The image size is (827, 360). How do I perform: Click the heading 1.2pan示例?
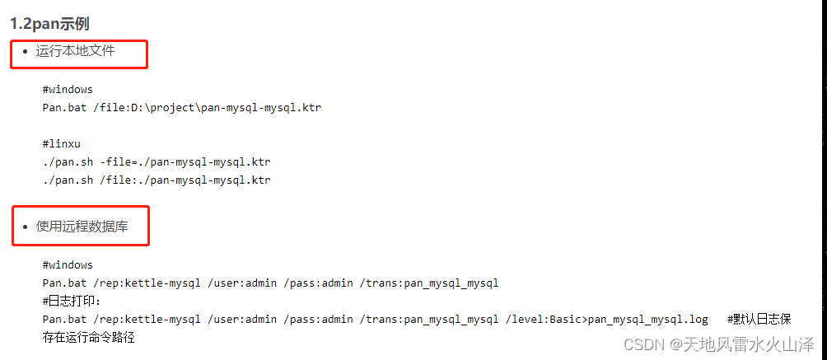click(x=49, y=24)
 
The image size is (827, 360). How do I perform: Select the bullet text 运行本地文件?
click(x=75, y=51)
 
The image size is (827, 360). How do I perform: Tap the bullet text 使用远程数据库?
click(x=82, y=226)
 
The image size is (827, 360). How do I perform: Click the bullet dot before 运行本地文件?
click(x=25, y=52)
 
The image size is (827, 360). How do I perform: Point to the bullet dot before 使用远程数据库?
click(x=25, y=227)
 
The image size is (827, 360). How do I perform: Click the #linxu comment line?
click(x=62, y=143)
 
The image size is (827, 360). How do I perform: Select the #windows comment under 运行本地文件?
click(x=68, y=89)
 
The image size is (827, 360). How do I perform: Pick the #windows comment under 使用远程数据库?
click(x=68, y=265)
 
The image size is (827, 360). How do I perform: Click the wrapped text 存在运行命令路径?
click(x=88, y=337)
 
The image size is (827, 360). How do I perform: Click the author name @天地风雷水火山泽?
click(x=741, y=344)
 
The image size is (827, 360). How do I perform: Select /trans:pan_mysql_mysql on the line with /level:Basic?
click(x=429, y=320)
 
